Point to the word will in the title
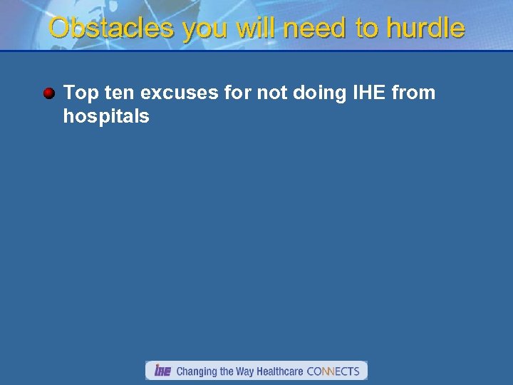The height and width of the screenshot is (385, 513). [256, 29]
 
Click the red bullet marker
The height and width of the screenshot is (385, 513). [48, 93]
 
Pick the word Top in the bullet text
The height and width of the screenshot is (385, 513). [81, 93]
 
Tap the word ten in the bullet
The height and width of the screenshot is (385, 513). [119, 93]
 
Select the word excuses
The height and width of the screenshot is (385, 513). [178, 93]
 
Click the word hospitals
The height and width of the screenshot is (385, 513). [106, 116]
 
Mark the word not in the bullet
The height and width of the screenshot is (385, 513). [265, 93]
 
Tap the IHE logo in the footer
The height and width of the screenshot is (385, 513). [162, 371]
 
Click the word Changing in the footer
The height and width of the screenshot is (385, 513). [197, 371]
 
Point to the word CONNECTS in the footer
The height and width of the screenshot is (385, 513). [333, 371]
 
